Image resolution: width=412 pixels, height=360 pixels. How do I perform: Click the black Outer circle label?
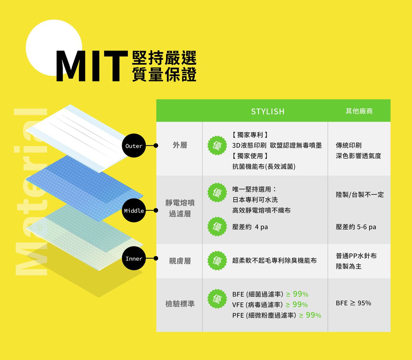[134, 146]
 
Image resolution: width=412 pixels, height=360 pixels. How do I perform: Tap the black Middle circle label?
[134, 211]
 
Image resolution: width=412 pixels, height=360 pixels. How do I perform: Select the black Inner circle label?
[134, 259]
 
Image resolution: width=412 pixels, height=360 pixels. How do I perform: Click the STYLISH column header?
[268, 111]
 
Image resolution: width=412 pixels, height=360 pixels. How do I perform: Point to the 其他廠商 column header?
[359, 111]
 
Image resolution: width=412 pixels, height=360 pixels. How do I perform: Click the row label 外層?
[180, 145]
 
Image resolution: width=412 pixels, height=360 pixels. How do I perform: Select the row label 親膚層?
[180, 261]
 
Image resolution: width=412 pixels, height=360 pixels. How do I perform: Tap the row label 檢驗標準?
[180, 304]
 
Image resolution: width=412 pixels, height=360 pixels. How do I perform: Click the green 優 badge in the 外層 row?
[217, 146]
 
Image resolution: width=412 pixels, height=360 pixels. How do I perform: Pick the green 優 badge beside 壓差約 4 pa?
[217, 227]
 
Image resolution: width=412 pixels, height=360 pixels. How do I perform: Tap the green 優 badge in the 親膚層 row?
[217, 261]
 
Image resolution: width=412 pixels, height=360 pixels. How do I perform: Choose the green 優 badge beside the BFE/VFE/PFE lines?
[217, 299]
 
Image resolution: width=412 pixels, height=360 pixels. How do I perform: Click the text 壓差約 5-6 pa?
[356, 227]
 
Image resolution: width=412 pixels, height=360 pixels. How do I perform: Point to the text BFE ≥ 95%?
[353, 303]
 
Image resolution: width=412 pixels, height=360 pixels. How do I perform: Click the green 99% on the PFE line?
[313, 315]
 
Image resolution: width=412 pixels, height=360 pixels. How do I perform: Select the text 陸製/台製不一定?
[360, 194]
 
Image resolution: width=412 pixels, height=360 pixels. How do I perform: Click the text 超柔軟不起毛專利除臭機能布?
[274, 261]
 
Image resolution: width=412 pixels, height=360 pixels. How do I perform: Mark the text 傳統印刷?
[349, 145]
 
